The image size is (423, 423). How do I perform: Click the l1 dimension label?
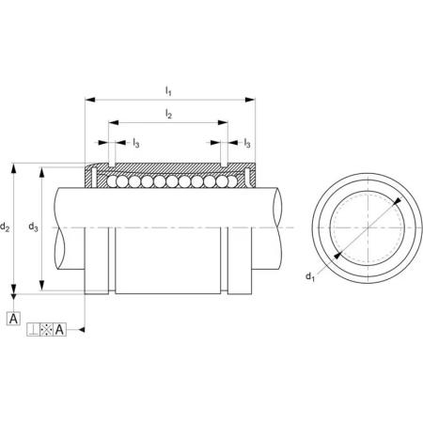click(168, 91)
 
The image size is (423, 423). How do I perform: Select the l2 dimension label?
click(168, 115)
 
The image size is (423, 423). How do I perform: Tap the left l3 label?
click(135, 143)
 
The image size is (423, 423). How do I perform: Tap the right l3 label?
click(247, 143)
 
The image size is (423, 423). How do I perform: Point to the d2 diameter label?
click(5, 227)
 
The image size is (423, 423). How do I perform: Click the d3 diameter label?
click(33, 227)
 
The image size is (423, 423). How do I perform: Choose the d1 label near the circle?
click(310, 276)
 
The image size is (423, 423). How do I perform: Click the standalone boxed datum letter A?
click(13, 319)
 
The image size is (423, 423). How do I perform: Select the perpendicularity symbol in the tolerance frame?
click(33, 330)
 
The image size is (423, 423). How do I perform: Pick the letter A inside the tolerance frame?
click(59, 330)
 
